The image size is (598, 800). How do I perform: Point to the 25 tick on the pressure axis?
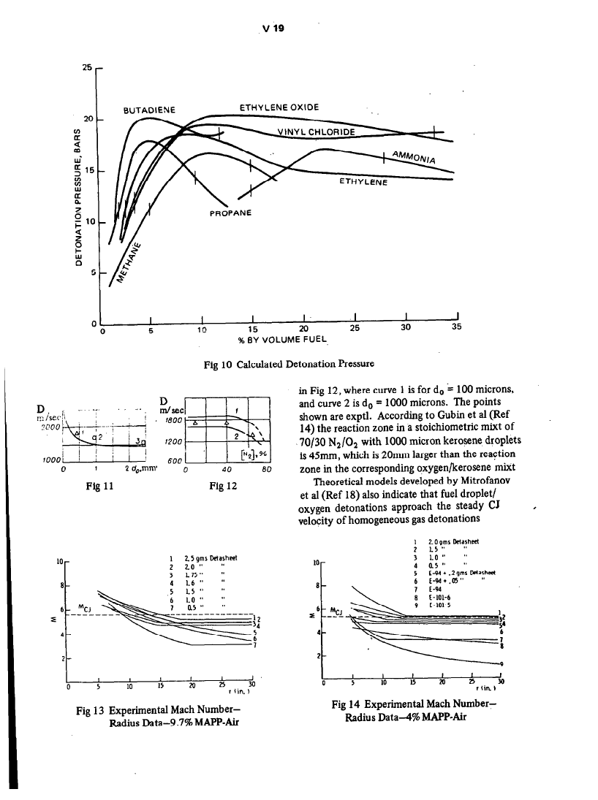pos(87,67)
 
